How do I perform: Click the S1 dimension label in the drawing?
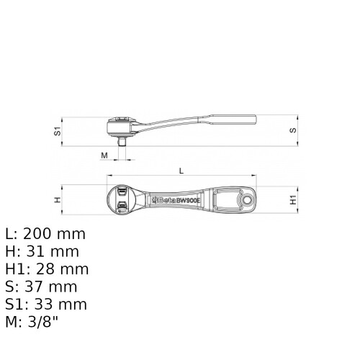coord(56,132)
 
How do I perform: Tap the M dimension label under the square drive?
coord(104,156)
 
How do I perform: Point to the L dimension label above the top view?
coord(181,170)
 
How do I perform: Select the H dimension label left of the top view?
coord(57,199)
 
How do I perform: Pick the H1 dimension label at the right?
coord(293,199)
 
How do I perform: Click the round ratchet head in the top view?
coord(122,199)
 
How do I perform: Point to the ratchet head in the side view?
coord(125,126)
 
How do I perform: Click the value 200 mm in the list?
coord(54,234)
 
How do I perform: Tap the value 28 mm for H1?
coord(62,269)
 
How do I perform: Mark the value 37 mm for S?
coord(50,287)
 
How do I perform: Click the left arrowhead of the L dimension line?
coord(109,176)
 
